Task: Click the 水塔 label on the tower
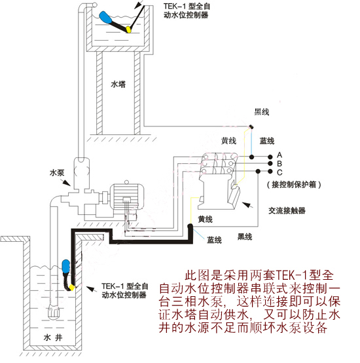pyautogui.click(x=118, y=84)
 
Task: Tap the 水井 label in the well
pyautogui.click(x=53, y=337)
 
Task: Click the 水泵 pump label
pyautogui.click(x=57, y=173)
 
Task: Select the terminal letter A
pyautogui.click(x=279, y=155)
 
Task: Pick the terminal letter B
pyautogui.click(x=279, y=164)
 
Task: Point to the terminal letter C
pyautogui.click(x=279, y=172)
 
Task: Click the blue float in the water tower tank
pyautogui.click(x=105, y=17)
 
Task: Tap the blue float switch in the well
pyautogui.click(x=66, y=265)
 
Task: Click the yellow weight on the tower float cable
pyautogui.click(x=128, y=29)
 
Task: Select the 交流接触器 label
pyautogui.click(x=287, y=210)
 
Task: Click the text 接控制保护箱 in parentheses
pyautogui.click(x=294, y=185)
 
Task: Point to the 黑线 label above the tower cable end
pyautogui.click(x=262, y=112)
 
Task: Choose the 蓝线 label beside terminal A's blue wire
pyautogui.click(x=267, y=141)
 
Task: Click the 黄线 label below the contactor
pyautogui.click(x=206, y=219)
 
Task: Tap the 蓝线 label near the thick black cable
pyautogui.click(x=214, y=240)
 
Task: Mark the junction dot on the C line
pyautogui.click(x=259, y=171)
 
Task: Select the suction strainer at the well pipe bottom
pyautogui.click(x=54, y=313)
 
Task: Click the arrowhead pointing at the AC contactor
pyautogui.click(x=245, y=204)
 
